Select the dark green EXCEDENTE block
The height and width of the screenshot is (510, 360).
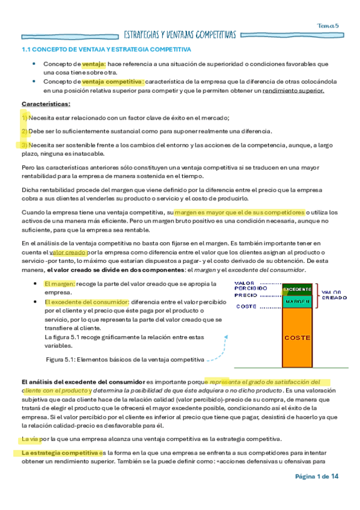296,289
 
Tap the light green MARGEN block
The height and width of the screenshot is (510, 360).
296,301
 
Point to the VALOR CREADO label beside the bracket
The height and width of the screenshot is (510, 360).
334,295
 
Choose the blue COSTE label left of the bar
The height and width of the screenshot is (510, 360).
246,307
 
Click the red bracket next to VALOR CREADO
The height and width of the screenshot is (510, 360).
316,295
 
